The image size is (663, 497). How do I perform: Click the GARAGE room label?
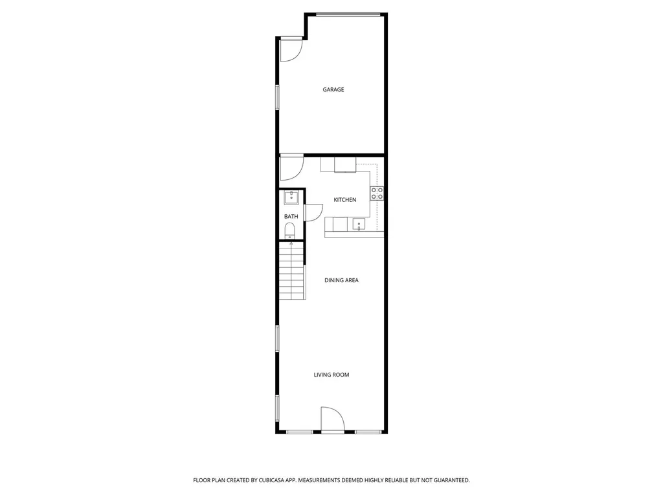(x=333, y=89)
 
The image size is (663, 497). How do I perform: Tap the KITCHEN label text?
(x=344, y=200)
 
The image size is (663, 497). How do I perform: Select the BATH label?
(x=291, y=216)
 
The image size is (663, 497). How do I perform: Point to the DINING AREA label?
(x=341, y=280)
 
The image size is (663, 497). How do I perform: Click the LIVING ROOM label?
(x=331, y=375)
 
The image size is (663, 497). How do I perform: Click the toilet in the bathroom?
(x=289, y=231)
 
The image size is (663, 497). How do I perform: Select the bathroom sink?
(x=291, y=197)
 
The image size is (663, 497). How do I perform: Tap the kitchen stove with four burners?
(x=377, y=193)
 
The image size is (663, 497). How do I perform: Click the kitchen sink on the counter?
(x=359, y=225)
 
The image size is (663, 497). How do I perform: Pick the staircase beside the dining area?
(x=292, y=271)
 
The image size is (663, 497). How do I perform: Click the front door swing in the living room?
(x=332, y=419)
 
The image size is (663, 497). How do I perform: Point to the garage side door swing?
(x=291, y=50)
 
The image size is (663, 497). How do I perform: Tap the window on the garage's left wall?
(x=277, y=98)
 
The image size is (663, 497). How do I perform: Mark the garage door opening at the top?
(x=348, y=15)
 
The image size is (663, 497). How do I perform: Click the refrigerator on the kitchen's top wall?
(x=345, y=164)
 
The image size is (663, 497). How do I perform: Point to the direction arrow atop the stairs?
(x=291, y=243)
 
